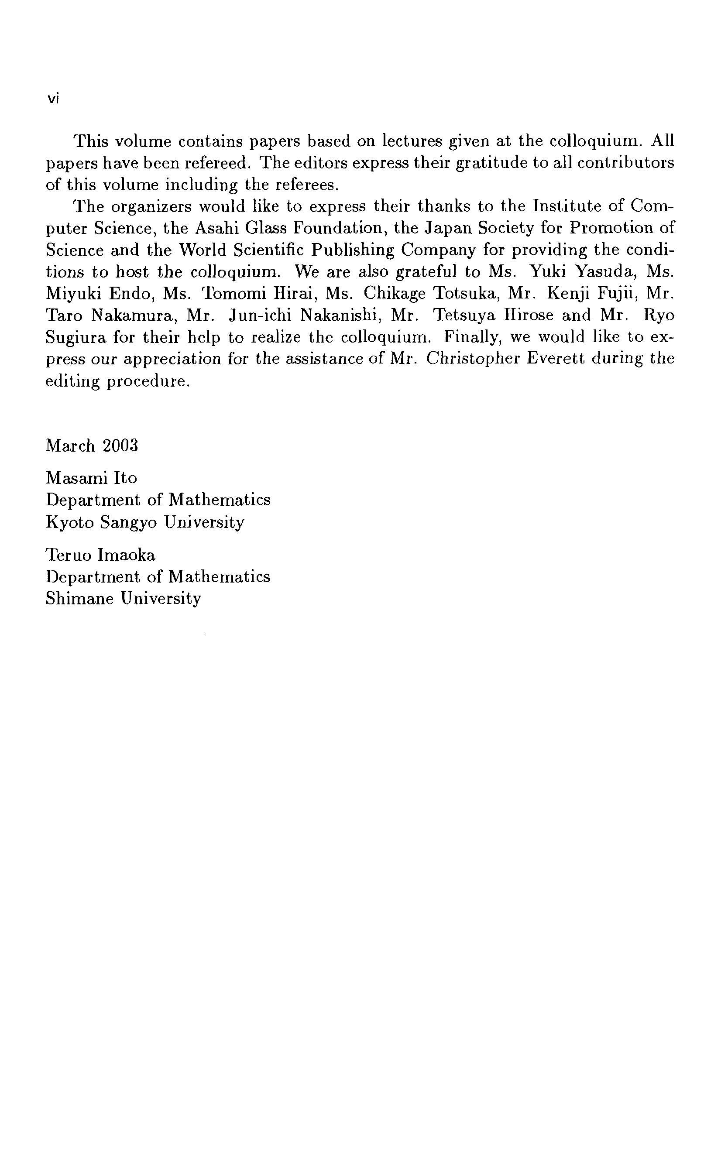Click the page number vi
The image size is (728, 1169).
(x=53, y=99)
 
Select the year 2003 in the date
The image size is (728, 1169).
(x=120, y=446)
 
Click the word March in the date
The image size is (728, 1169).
(x=70, y=446)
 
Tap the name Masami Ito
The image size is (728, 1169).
(x=92, y=478)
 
